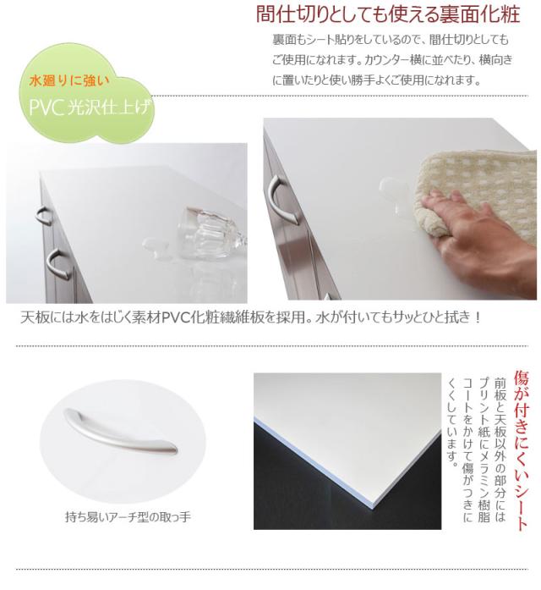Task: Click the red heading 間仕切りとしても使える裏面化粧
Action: pos(387,14)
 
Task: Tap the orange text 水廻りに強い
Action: pos(69,80)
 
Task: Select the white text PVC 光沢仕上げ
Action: pos(91,108)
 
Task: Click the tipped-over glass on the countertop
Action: pos(212,232)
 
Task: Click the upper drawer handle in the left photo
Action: pos(44,216)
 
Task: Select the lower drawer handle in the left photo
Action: pos(59,264)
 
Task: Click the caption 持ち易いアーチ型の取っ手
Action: pos(128,517)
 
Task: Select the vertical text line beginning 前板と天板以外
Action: pos(500,449)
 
